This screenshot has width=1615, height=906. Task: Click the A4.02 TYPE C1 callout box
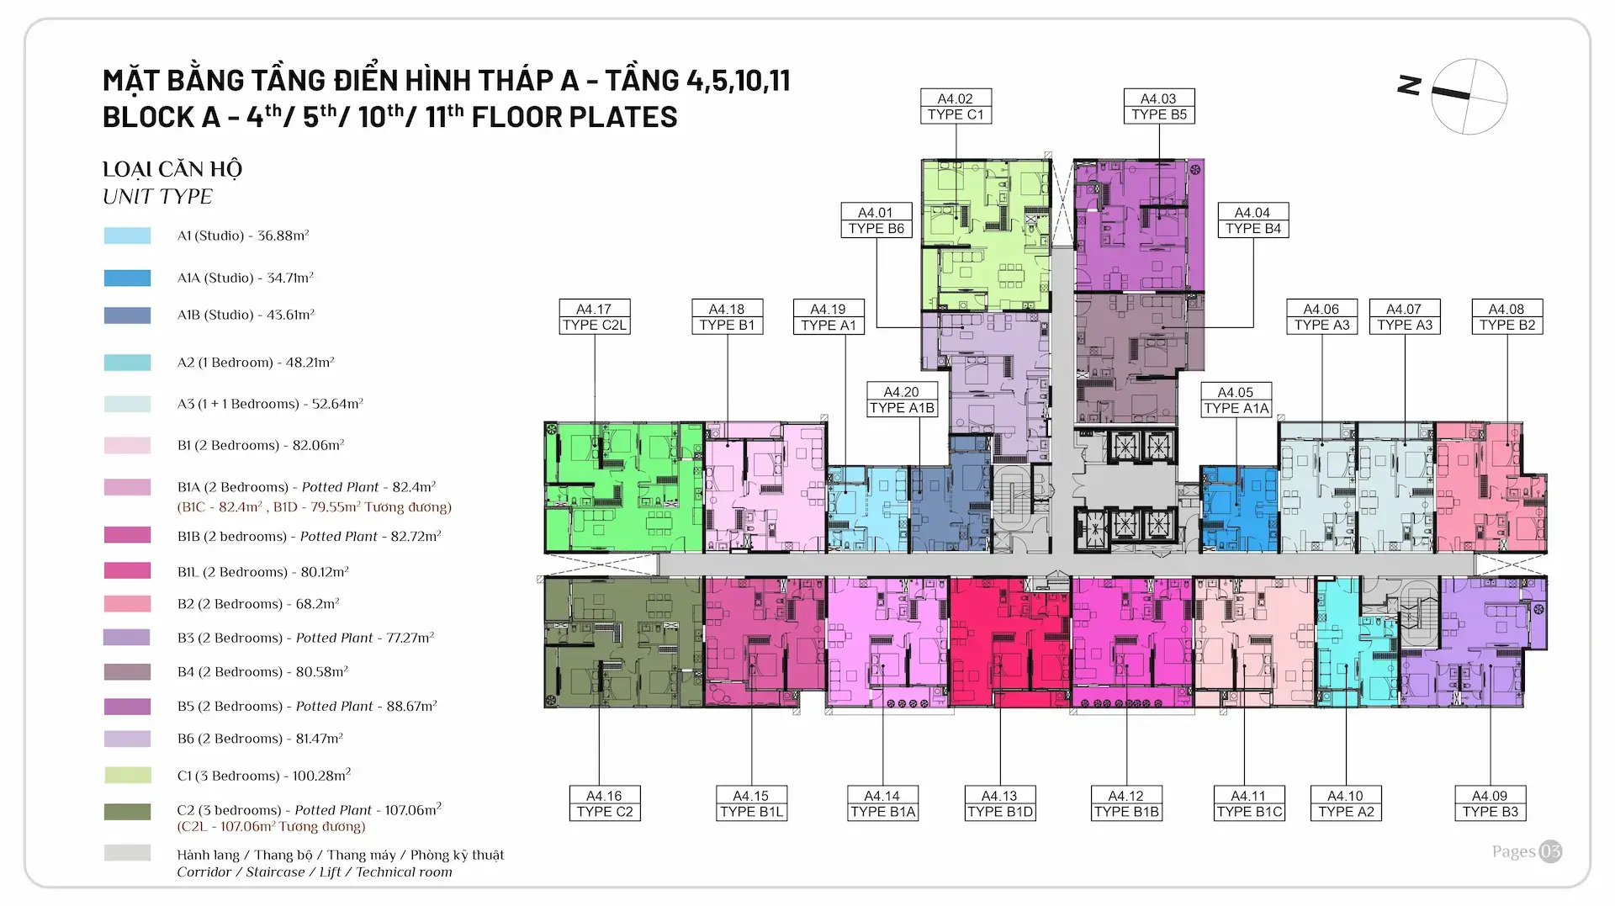[x=955, y=107]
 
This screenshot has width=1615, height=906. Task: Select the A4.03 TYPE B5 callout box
[x=1158, y=107]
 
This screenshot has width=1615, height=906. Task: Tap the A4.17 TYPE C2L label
[x=594, y=317]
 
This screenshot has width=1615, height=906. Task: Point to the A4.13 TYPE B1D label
[x=999, y=803]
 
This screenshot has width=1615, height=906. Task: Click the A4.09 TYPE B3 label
[x=1490, y=803]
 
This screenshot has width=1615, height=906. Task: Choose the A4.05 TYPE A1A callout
[x=1235, y=400]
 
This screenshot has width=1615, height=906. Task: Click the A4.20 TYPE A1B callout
[x=902, y=400]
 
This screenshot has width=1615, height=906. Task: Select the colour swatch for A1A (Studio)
[x=127, y=278]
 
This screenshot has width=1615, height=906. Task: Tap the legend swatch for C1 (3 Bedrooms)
[x=127, y=775]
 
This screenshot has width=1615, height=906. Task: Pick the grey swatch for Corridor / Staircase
[x=127, y=853]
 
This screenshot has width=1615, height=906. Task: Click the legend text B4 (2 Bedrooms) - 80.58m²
[x=262, y=672]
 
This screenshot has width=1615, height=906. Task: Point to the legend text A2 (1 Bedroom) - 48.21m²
[x=256, y=363]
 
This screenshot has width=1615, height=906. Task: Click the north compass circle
[x=1469, y=97]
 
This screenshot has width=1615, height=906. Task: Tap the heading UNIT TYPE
[x=157, y=197]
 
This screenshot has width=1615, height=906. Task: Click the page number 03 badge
[x=1550, y=851]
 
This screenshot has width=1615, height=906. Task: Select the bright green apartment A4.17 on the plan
[x=622, y=488]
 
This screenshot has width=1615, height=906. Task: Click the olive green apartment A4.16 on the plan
[x=622, y=642]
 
